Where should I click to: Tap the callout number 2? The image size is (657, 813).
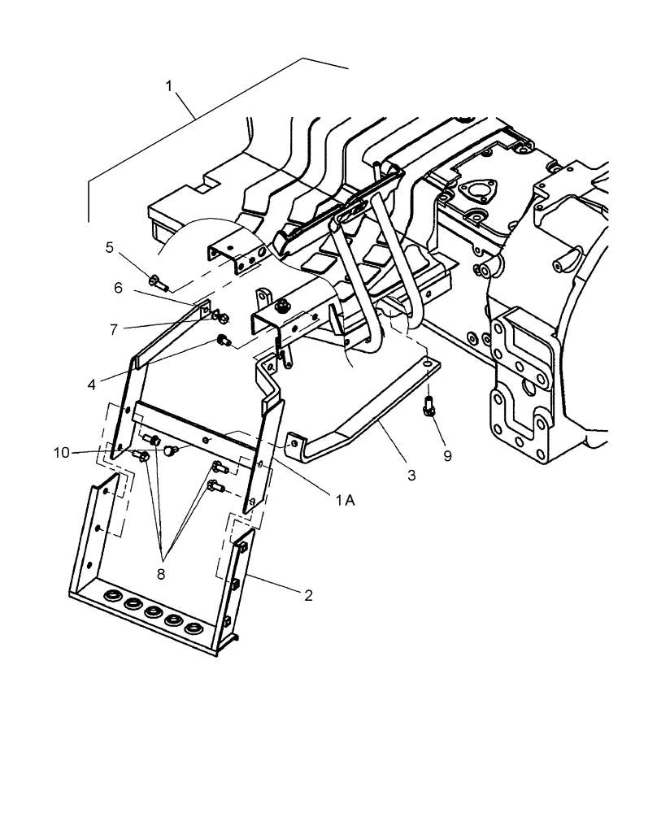point(308,595)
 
